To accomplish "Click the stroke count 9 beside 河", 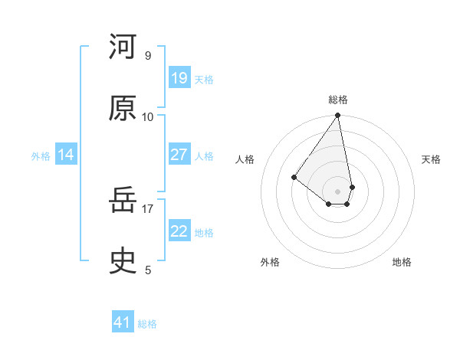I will point(148,55).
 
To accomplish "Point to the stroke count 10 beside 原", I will point(148,116).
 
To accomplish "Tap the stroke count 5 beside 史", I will point(148,270).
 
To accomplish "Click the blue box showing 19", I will point(179,78).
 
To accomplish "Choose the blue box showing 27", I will point(179,155).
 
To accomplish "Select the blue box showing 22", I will point(179,231).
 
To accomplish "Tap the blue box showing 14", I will point(66,155).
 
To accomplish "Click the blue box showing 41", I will point(123,322).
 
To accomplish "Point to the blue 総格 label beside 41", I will point(147,324).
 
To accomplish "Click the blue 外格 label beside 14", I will point(41,156).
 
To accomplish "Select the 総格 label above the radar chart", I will point(338,100).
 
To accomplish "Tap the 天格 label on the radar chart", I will point(431,159).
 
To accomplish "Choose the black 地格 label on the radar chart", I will point(402,263).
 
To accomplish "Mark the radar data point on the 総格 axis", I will point(338,116).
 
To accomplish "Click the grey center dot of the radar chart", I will point(338,191).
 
